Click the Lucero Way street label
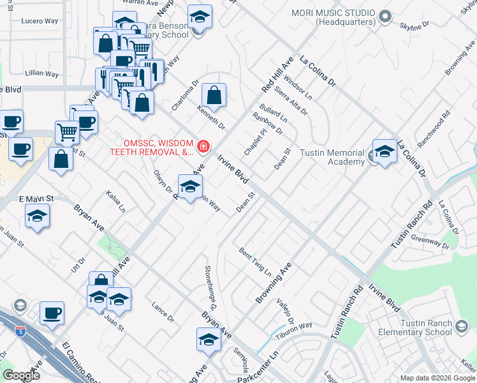click(40, 21)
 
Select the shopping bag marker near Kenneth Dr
click(214, 96)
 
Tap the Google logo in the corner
click(21, 375)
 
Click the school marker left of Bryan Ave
click(38, 217)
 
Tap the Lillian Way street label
click(43, 73)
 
